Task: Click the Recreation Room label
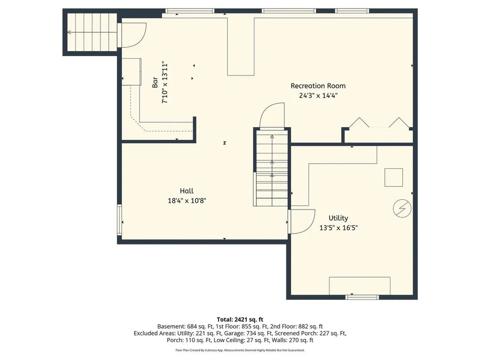(x=318, y=86)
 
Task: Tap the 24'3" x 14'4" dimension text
(x=318, y=96)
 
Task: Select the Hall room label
(x=187, y=191)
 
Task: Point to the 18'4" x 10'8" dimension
(x=187, y=201)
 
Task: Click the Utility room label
(x=338, y=218)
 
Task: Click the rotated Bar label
(x=155, y=82)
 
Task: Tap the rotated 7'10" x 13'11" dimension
(x=165, y=82)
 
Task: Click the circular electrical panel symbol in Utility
(x=402, y=208)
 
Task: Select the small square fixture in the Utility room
(x=394, y=178)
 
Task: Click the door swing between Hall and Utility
(x=301, y=221)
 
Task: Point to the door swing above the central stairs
(x=272, y=116)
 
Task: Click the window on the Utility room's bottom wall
(x=362, y=297)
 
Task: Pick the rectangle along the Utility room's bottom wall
(x=360, y=285)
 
